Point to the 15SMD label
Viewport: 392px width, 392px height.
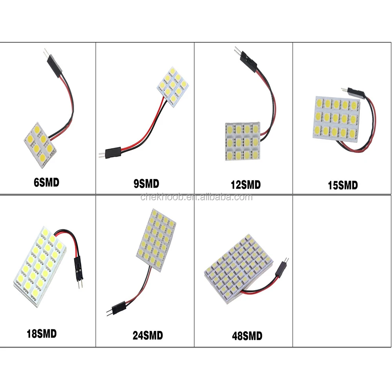tap(343, 185)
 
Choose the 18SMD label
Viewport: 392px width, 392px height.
tap(41, 334)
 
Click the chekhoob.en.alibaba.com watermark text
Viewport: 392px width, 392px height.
tap(196, 197)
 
